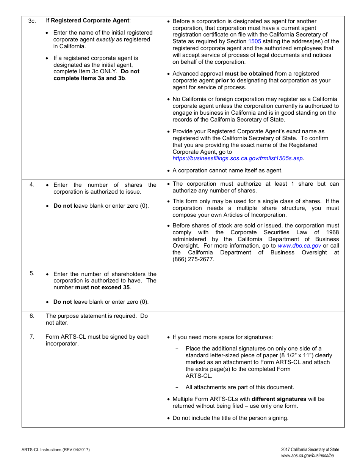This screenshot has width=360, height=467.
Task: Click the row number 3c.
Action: tap(32, 21)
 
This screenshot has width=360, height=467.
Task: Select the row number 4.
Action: tap(32, 185)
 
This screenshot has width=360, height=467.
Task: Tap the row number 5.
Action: tap(32, 273)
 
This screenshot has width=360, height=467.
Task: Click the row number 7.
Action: tap(32, 337)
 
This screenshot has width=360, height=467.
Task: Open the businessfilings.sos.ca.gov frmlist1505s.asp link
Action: tap(238, 158)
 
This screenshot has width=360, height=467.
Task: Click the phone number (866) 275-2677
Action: tap(193, 259)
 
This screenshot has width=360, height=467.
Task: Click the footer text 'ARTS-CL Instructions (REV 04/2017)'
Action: tap(56, 450)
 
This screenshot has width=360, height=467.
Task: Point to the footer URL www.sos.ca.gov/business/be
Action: tap(307, 456)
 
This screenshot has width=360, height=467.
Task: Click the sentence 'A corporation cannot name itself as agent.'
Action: tap(227, 170)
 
